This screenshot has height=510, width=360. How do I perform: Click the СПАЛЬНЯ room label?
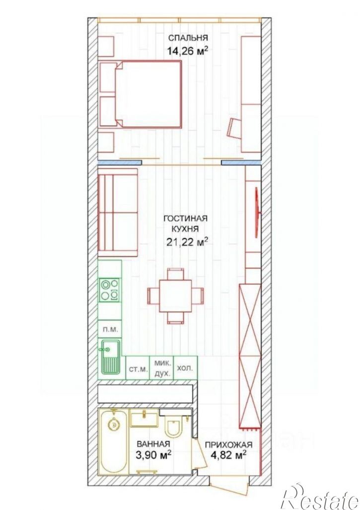pos(188,38)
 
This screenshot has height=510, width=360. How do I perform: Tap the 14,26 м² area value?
pos(188,51)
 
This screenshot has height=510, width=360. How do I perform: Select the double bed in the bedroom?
pos(148,94)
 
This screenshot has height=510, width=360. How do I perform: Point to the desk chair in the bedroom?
pos(234,128)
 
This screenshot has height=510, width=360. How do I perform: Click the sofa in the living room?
pos(118,213)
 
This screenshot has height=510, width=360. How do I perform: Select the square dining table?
pos(176,295)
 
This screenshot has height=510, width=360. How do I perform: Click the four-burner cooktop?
pos(110,290)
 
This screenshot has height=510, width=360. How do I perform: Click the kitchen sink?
pos(110,357)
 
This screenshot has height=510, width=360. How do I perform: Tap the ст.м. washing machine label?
pos(138,369)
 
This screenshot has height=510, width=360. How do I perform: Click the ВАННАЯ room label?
pos(153,444)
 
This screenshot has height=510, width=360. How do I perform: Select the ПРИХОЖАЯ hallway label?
pos(228,444)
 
